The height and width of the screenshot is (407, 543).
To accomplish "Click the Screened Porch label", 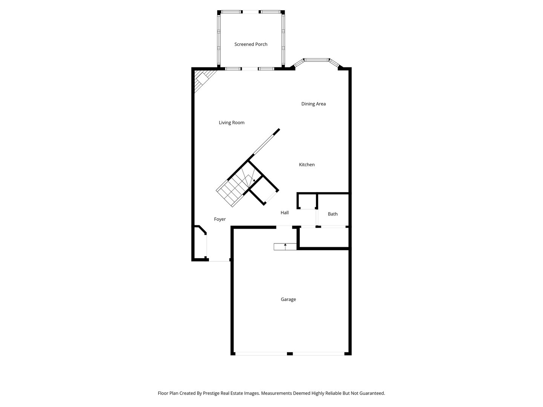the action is [251, 44].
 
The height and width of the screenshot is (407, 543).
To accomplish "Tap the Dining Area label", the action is [313, 104].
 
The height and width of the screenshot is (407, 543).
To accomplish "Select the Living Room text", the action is [231, 122].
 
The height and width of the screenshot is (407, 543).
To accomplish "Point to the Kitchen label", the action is [307, 165].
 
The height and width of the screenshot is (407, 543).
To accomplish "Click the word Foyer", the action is [220, 219].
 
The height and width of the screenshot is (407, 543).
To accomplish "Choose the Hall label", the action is [284, 213].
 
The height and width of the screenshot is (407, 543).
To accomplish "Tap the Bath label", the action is [333, 214].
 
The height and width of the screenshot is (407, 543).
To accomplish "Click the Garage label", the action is [288, 300].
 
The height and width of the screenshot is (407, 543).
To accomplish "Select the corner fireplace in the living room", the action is [203, 79].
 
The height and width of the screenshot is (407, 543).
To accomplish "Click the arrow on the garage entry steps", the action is [285, 246].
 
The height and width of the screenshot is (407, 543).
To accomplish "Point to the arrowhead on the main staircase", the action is [254, 181].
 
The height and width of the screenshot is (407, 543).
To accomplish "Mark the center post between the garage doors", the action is [290, 354].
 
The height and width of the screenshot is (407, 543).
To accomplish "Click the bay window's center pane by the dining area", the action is [316, 60].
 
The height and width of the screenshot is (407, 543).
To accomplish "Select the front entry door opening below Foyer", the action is [219, 260].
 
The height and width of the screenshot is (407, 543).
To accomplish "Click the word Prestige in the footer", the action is [211, 393].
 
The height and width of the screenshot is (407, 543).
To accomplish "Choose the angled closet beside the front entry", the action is [200, 243].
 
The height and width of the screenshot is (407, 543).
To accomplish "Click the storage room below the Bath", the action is [324, 237].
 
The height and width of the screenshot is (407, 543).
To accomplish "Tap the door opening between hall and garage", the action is [284, 227].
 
